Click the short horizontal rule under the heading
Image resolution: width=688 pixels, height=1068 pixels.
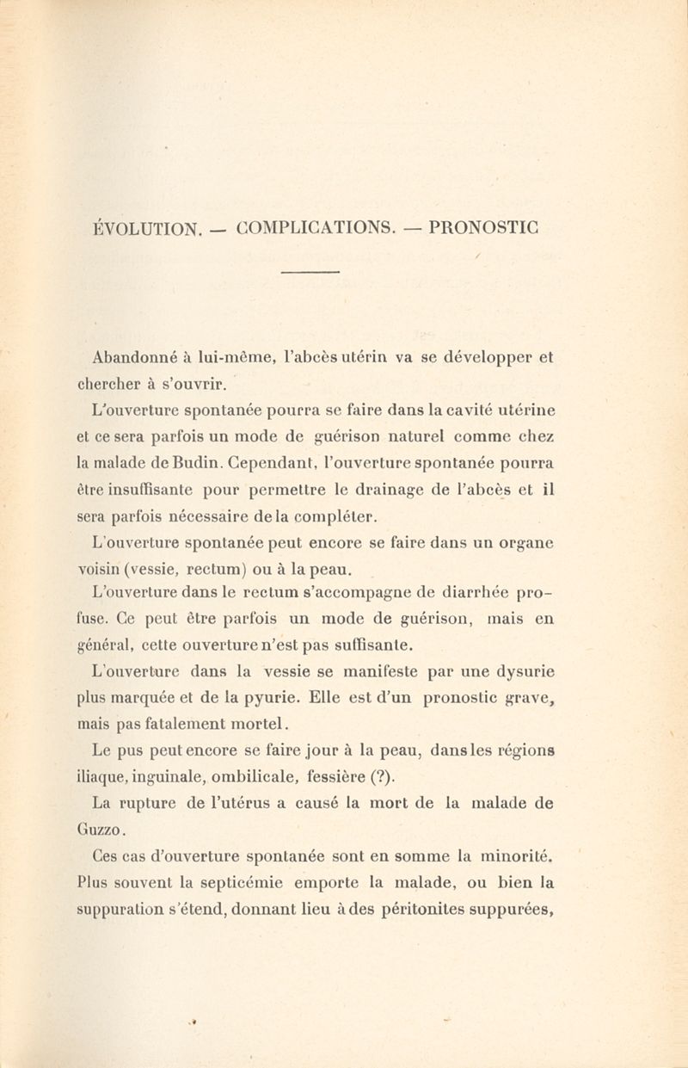click(x=311, y=274)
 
